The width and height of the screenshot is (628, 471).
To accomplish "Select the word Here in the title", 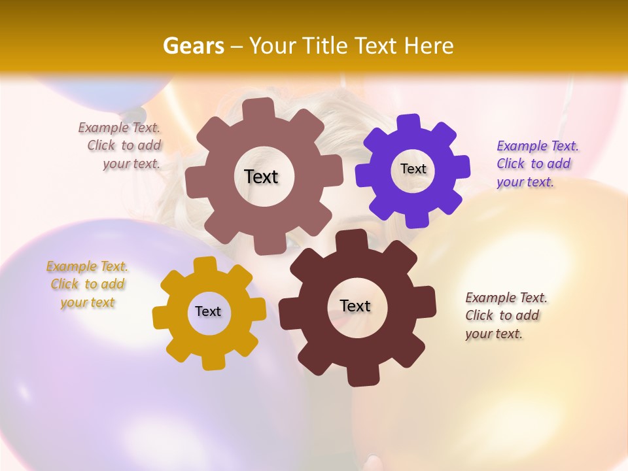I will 429,46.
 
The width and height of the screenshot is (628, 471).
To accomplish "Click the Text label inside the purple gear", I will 413,169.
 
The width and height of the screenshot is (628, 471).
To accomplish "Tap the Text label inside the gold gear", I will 208,311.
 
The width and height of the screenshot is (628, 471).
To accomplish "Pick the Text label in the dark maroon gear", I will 355,305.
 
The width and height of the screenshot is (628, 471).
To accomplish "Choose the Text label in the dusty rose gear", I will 261,177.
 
